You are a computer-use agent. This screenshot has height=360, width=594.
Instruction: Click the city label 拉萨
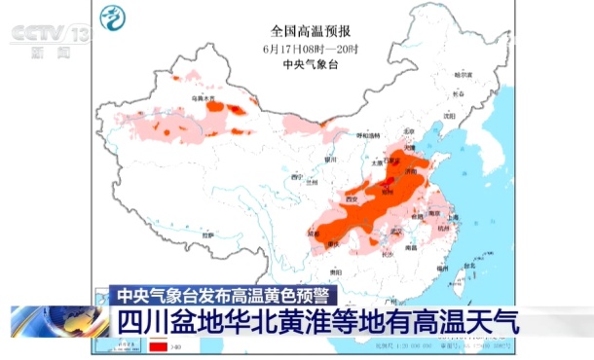pos(207,234)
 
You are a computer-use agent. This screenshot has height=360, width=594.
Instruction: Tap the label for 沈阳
pos(449,115)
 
